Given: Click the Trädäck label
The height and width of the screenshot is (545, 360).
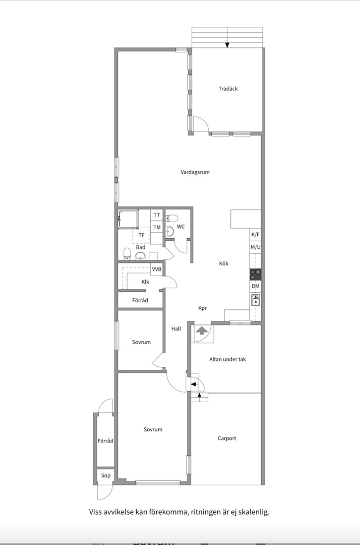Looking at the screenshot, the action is (228, 89).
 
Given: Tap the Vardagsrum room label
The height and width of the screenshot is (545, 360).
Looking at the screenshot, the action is (195, 172).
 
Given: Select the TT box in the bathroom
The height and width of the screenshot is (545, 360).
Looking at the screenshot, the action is (157, 215).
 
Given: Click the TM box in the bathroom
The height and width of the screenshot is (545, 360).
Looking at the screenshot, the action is (157, 227).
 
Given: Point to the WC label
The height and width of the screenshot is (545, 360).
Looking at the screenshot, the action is (181, 227).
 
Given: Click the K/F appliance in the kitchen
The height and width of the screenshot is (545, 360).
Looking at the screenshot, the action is (256, 235).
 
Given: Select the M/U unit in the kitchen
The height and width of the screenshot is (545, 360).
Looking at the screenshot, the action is (256, 247).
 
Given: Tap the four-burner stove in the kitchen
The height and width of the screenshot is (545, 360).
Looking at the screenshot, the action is (256, 274).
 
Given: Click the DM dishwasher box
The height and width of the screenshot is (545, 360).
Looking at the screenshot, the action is (256, 287).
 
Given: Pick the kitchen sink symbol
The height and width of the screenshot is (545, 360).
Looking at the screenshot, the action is (256, 300).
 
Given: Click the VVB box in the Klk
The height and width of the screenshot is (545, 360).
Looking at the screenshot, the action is (157, 269).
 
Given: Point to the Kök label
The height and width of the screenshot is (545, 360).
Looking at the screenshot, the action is (223, 263).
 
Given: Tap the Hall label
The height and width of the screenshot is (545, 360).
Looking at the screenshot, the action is (176, 329).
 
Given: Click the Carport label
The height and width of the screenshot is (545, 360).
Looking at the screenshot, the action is (227, 439).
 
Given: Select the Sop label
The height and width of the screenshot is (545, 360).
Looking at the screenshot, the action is (105, 475).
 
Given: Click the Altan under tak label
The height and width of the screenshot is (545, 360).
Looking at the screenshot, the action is (227, 359).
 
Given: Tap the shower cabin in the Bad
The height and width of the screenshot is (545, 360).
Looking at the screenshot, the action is (128, 219).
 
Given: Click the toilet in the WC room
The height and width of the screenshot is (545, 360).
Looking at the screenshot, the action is (171, 219).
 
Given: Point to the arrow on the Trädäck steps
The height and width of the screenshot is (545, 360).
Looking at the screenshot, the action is (227, 45).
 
